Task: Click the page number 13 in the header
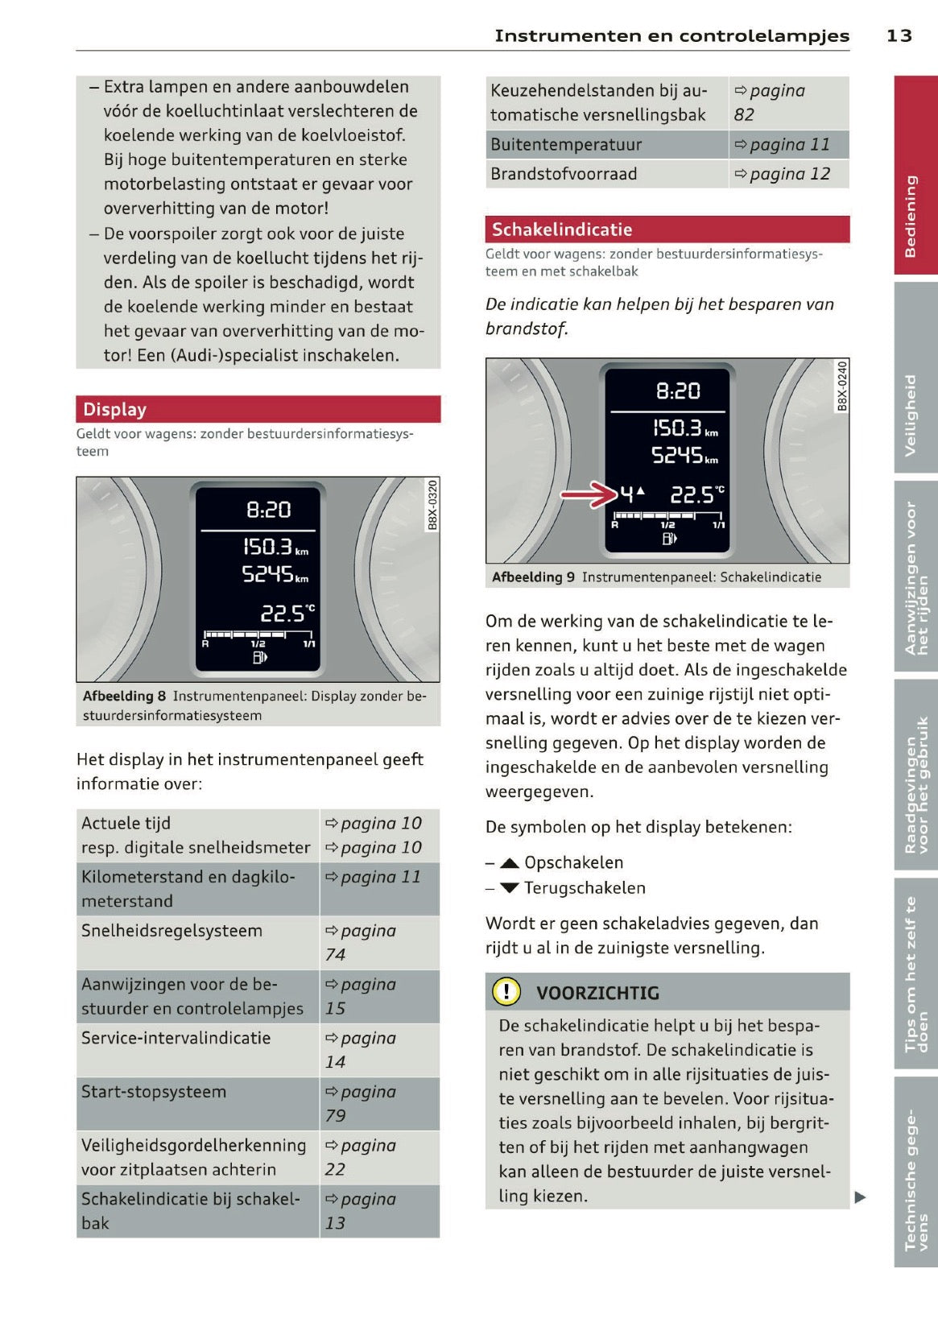click(x=899, y=35)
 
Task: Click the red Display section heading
click(x=114, y=409)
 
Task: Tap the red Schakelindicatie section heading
click(x=561, y=229)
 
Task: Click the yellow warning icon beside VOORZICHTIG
click(x=506, y=991)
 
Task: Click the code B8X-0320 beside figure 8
click(x=432, y=505)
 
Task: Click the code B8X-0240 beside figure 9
click(x=841, y=386)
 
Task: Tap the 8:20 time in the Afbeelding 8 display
click(x=268, y=510)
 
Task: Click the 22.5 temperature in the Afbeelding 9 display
click(x=692, y=495)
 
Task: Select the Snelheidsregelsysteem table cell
click(x=171, y=931)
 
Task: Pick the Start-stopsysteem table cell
click(x=154, y=1092)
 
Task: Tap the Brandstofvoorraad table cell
click(x=564, y=174)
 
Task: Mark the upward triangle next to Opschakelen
click(x=509, y=863)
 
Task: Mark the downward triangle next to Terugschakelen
click(x=509, y=888)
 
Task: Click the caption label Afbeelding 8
click(x=124, y=696)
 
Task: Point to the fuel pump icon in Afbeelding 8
click(x=259, y=658)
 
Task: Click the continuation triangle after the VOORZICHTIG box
click(x=860, y=1197)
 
